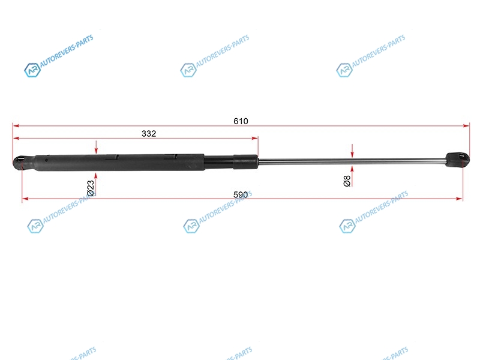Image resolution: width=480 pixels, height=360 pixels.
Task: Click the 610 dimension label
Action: click(241, 121)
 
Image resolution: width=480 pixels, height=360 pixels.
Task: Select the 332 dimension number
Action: click(149, 133)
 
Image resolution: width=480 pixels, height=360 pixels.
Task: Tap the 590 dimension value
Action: click(241, 194)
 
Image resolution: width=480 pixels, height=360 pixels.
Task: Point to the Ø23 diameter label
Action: click(91, 188)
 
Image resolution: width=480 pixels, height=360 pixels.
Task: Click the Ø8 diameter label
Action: click(347, 181)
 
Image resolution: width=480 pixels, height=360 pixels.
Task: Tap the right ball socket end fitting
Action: click(457, 160)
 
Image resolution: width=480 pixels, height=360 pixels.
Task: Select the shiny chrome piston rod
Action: click(352, 161)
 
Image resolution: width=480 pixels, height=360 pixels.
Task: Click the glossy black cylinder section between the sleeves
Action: click(219, 161)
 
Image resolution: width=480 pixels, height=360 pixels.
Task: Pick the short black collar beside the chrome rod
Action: click(245, 161)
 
